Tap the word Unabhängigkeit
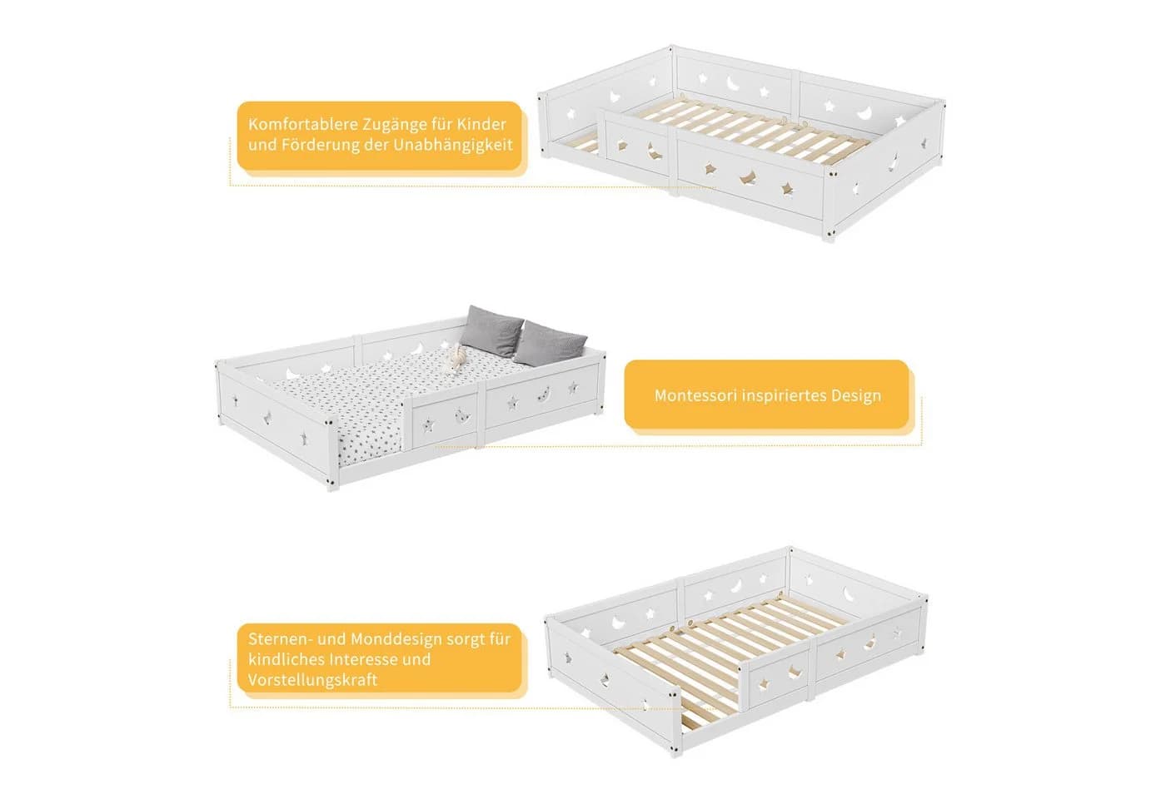(453, 145)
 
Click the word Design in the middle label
(855, 395)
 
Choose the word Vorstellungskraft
(312, 680)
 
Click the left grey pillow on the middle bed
(491, 330)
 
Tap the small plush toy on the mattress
(456, 359)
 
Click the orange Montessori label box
(767, 395)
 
